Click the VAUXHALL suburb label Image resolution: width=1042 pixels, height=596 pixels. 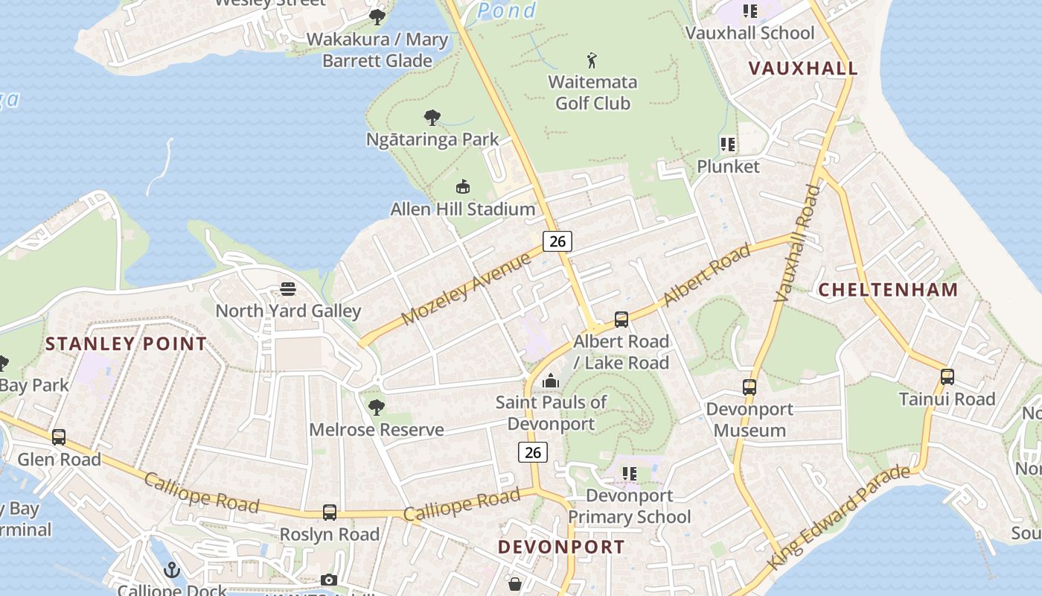802,68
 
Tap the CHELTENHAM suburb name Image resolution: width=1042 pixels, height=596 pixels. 888,290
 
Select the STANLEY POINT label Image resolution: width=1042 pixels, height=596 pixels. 126,343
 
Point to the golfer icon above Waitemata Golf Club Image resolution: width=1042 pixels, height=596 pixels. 592,60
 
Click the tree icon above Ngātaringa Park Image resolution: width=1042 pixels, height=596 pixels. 432,118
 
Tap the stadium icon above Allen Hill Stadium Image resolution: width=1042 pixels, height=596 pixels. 462,186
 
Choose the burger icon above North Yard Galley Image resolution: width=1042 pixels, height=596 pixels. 288,289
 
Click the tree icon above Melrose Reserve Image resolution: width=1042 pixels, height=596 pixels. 377,407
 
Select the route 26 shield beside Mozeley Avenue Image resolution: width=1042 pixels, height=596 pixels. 557,241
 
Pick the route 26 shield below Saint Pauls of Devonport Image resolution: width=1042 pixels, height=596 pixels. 532,452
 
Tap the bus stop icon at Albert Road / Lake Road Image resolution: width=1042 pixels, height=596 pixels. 621,320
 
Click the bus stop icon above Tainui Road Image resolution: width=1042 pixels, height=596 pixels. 947,377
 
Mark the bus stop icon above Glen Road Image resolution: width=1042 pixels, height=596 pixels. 59,437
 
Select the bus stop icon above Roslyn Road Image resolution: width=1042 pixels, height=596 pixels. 329,513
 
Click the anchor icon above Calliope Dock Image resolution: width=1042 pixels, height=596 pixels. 172,571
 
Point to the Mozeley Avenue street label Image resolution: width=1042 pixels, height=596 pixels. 467,288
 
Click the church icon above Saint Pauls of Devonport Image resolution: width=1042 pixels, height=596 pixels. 551,381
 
